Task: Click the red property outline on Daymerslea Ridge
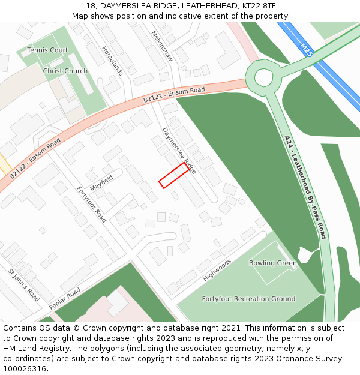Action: point(173,175)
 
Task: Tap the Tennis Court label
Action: point(48,50)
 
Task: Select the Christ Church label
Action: point(65,71)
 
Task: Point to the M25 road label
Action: point(306,49)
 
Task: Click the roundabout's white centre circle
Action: point(263,77)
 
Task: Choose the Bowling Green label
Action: point(273,263)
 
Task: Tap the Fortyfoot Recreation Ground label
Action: point(248,299)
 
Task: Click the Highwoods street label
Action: point(217,270)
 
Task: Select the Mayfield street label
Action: point(101,179)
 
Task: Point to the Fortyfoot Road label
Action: point(91,205)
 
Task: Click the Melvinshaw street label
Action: point(162,46)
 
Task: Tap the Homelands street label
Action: point(112,61)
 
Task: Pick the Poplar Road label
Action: point(65,299)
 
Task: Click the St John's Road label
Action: point(24,285)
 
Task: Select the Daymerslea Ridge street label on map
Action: point(179,150)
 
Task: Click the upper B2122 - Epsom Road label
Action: point(174,96)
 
